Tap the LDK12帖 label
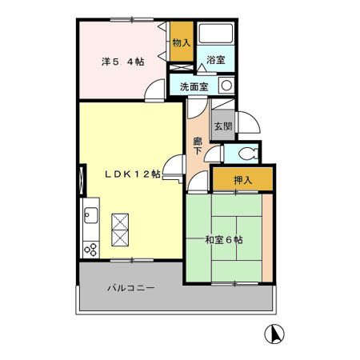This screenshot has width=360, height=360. [130, 174]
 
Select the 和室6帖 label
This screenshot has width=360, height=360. [224, 238]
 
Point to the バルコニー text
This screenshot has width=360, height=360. [130, 287]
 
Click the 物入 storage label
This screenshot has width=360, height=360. [182, 43]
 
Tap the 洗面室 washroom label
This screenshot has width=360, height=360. [194, 86]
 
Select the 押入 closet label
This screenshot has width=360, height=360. [242, 181]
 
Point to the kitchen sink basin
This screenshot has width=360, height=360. [90, 216]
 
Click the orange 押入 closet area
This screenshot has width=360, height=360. [242, 181]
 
